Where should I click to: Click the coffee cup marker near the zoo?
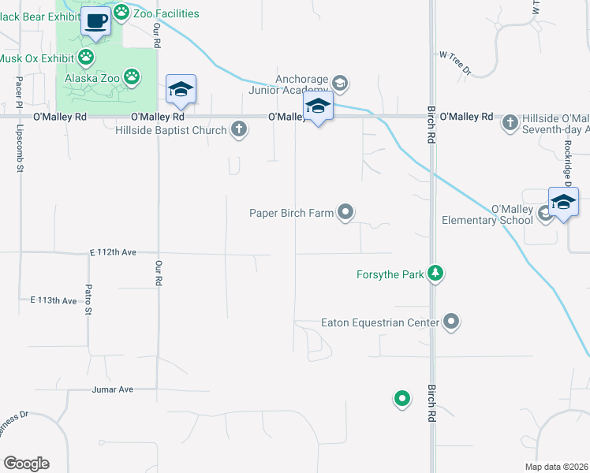click(96, 21)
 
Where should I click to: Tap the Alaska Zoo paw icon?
click(132, 77)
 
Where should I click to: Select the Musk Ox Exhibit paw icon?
click(85, 57)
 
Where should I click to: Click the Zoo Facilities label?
click(166, 13)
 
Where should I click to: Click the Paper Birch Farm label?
click(291, 213)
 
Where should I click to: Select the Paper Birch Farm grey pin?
click(345, 212)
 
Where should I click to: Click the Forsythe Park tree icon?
click(435, 274)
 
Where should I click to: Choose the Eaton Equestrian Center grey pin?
click(451, 322)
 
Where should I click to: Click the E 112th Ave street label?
click(113, 252)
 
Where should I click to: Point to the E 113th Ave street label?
click(54, 300)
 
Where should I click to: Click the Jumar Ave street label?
click(113, 389)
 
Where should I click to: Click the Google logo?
click(26, 464)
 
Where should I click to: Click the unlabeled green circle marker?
click(402, 399)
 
